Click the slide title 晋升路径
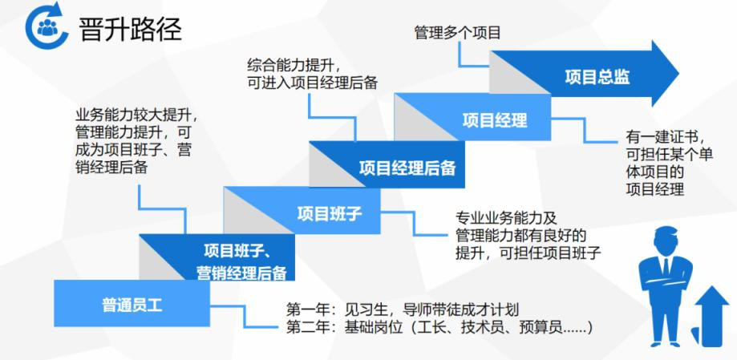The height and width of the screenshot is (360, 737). (130, 29)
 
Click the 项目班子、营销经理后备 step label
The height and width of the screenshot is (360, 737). (241, 261)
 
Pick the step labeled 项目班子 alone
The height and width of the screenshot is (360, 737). (330, 213)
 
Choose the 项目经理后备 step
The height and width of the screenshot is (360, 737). (407, 168)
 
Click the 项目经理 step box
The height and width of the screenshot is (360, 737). (495, 120)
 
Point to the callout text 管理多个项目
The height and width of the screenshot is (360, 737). (457, 33)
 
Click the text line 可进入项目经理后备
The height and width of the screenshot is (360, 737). (313, 83)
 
